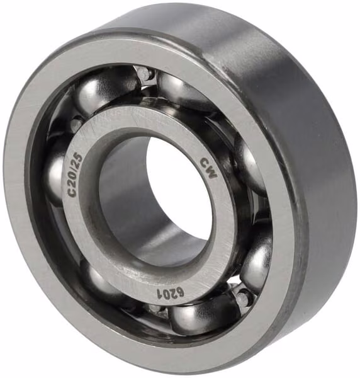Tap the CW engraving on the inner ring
click(208, 168)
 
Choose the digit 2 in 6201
click(174, 294)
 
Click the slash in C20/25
click(77, 168)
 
